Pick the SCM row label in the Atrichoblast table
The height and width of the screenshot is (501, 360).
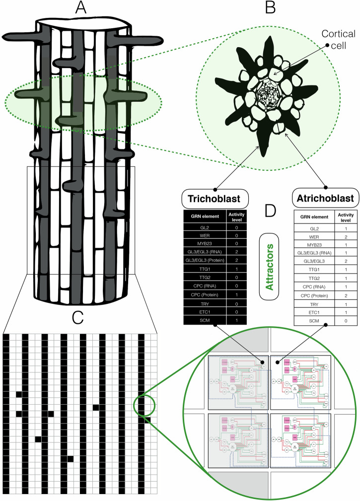(x=316, y=335)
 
